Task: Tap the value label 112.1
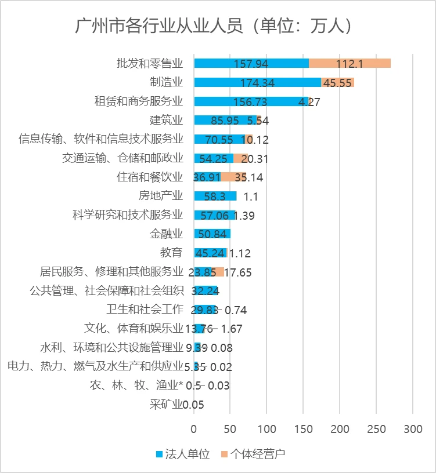(x=349, y=63)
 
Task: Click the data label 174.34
(x=257, y=82)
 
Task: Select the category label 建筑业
(x=166, y=120)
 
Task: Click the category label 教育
(x=171, y=252)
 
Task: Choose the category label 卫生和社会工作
(x=145, y=309)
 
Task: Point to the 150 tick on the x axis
(x=303, y=430)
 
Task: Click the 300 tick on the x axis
(x=413, y=430)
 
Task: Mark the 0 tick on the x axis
(x=194, y=430)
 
